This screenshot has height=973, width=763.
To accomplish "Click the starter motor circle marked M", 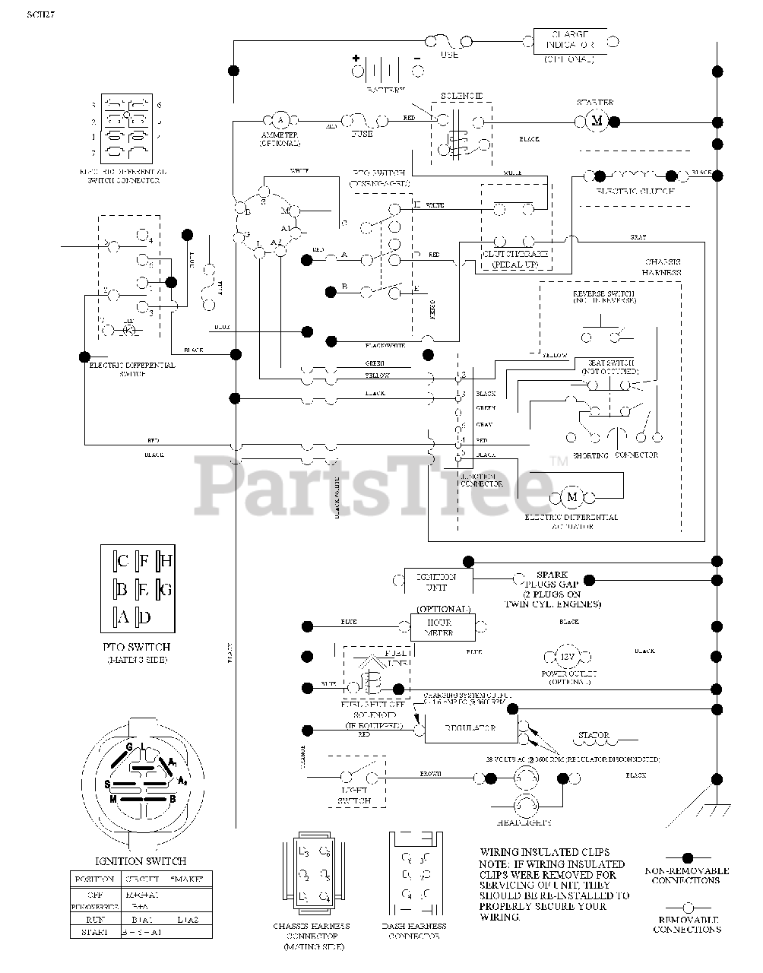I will point(597,121).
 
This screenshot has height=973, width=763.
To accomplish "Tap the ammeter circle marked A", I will point(279,120).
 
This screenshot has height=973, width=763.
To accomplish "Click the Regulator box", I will point(470,727).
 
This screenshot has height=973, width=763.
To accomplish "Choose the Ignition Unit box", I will point(437,582).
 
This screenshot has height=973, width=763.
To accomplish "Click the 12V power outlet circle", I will point(568,656).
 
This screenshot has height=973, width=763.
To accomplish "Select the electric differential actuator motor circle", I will point(572,496).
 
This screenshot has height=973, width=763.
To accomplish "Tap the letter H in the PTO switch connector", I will point(166,562).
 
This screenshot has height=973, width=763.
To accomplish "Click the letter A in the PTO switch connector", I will point(123,616).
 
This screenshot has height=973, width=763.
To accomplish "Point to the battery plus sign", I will point(355,59).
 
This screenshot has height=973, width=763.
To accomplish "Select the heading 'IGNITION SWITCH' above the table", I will point(140,861).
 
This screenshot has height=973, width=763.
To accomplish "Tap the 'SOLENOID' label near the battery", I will point(462,97).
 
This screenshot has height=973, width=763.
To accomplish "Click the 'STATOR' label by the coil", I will point(593,735).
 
